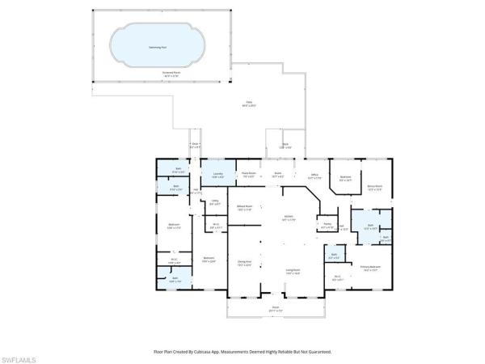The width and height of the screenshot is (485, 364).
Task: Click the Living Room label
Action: click(293, 271)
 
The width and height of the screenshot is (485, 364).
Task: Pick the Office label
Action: click(314, 175)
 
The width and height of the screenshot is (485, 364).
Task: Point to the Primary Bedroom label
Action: click(371, 266)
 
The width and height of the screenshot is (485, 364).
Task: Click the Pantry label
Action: click(327, 226)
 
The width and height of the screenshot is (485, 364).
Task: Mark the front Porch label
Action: click(274, 307)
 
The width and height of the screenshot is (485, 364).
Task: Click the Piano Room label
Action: click(250, 175)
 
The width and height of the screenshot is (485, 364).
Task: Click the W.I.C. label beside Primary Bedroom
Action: click(338, 278)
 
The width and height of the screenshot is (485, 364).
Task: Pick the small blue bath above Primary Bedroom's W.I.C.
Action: click(335, 257)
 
